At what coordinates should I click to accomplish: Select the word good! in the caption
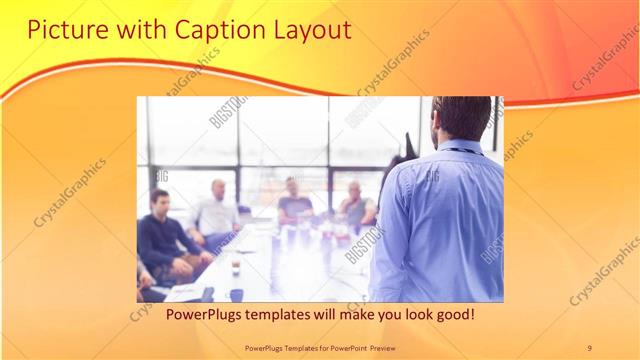pos(453,315)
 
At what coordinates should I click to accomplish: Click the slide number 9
pos(589,347)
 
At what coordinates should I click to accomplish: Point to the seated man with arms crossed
pos(355,205)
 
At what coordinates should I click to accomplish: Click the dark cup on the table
pos(236,294)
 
